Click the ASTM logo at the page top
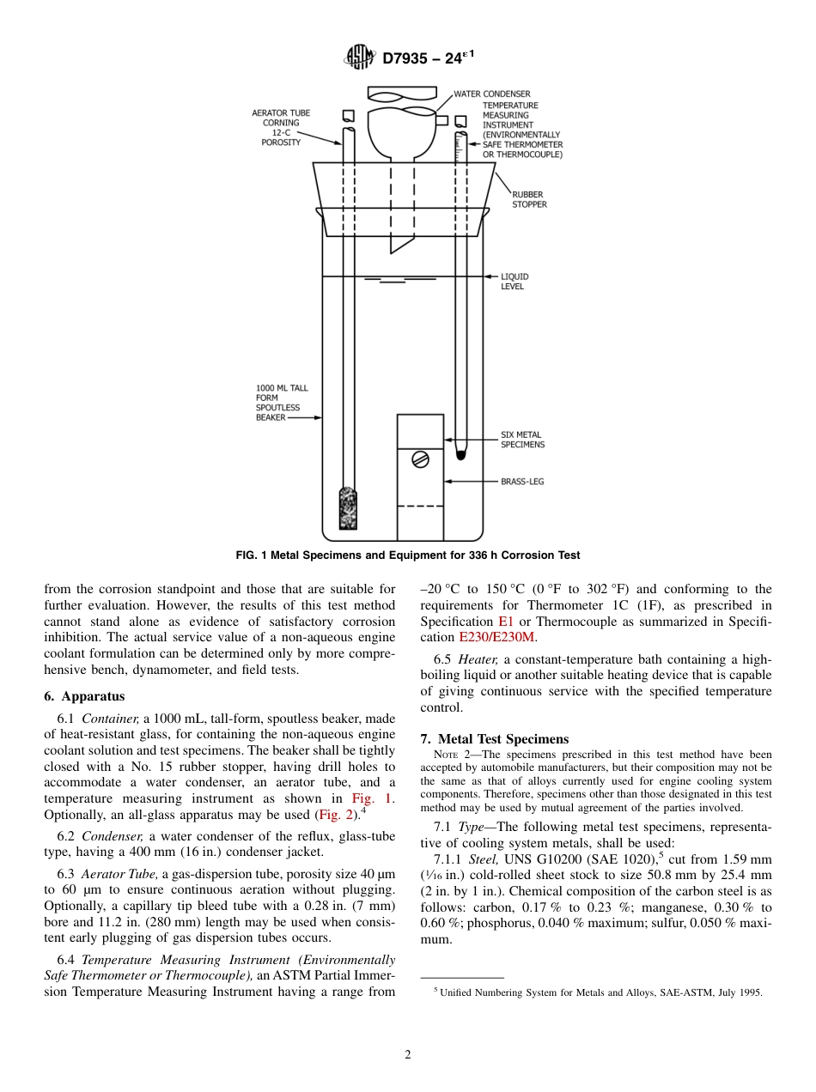pos(359,58)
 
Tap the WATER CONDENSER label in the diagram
pos(491,94)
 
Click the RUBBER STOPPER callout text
pos(529,199)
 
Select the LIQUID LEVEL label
pos(515,282)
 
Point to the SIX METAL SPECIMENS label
pos(522,440)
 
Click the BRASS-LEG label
pos(521,482)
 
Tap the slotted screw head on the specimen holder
pos(420,459)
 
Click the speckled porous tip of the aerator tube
pos(348,508)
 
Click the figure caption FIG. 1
pos(407,555)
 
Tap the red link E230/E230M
pos(496,637)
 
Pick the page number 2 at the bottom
pos(408,1055)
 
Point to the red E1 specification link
pos(506,621)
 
